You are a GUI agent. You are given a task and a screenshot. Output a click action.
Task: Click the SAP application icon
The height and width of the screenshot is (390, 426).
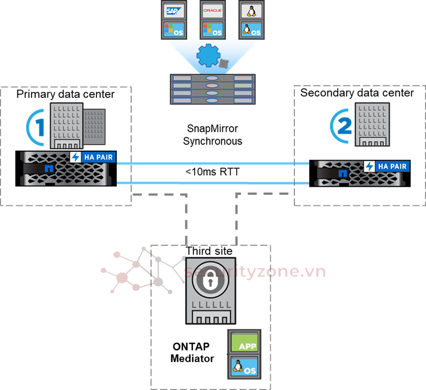click(x=172, y=11)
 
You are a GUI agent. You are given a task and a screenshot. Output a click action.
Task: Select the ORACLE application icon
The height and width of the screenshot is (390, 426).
click(x=212, y=11)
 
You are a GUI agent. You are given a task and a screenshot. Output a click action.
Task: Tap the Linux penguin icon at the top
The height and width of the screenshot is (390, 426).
click(x=251, y=11)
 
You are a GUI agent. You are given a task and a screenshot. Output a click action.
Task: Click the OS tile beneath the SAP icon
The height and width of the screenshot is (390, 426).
click(x=172, y=29)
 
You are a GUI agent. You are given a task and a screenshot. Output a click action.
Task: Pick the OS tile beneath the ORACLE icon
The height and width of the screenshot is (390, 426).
click(x=212, y=29)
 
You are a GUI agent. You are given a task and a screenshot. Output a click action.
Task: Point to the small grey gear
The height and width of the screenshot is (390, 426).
click(x=224, y=64)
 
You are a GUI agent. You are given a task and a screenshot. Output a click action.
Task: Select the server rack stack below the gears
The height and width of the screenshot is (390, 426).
click(x=212, y=89)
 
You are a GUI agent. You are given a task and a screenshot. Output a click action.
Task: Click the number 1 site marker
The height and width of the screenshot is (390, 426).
click(x=36, y=127)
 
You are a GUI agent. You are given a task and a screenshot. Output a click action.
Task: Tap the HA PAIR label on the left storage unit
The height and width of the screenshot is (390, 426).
click(x=93, y=157)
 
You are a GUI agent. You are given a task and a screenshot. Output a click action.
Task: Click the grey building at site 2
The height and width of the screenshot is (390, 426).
click(x=372, y=124)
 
